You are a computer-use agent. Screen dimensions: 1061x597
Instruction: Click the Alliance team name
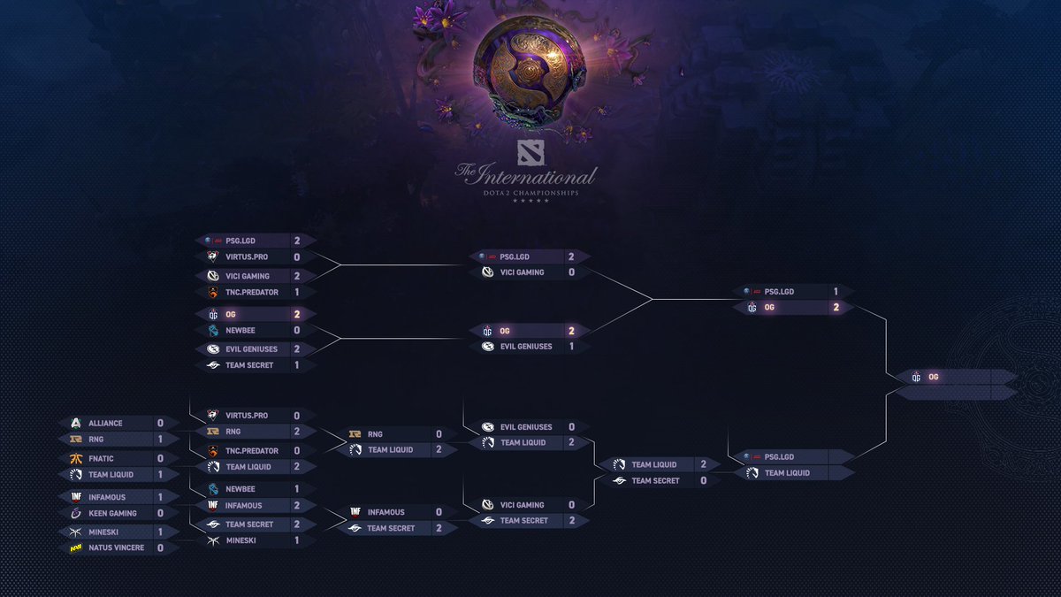tap(105, 424)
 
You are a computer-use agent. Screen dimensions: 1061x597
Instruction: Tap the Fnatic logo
tap(75, 459)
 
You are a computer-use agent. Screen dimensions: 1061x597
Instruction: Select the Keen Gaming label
tap(112, 513)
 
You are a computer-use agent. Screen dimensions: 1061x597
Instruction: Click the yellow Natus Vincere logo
tap(75, 548)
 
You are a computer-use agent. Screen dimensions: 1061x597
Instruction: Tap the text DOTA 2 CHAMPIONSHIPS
tap(526, 192)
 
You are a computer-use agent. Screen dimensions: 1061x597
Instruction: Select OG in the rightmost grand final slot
tap(934, 377)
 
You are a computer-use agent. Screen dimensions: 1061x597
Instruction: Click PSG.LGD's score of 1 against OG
tap(836, 291)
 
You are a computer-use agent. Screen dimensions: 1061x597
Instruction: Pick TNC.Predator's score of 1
tap(297, 292)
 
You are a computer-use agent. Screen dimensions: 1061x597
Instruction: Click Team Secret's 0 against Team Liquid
tap(703, 481)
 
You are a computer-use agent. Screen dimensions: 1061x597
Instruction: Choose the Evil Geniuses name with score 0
tap(526, 427)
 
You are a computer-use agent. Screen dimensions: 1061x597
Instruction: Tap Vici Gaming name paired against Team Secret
tap(522, 505)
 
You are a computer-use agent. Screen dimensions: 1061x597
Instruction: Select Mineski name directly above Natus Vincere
tap(103, 532)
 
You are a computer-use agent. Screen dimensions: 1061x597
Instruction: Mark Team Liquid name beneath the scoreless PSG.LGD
tap(787, 473)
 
